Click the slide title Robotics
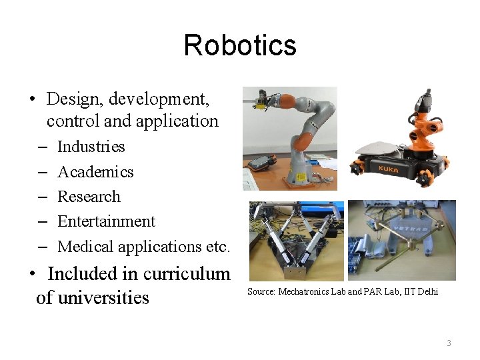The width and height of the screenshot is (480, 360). coord(240,45)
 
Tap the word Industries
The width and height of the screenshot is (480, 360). coord(91,147)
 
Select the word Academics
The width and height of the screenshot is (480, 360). coord(95,172)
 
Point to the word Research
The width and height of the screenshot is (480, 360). coord(89,197)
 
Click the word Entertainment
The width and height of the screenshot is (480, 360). coord(106,221)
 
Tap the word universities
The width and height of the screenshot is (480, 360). coord(103,297)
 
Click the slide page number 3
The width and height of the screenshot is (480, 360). coord(449,343)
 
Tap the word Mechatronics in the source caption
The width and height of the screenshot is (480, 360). coord(303,292)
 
